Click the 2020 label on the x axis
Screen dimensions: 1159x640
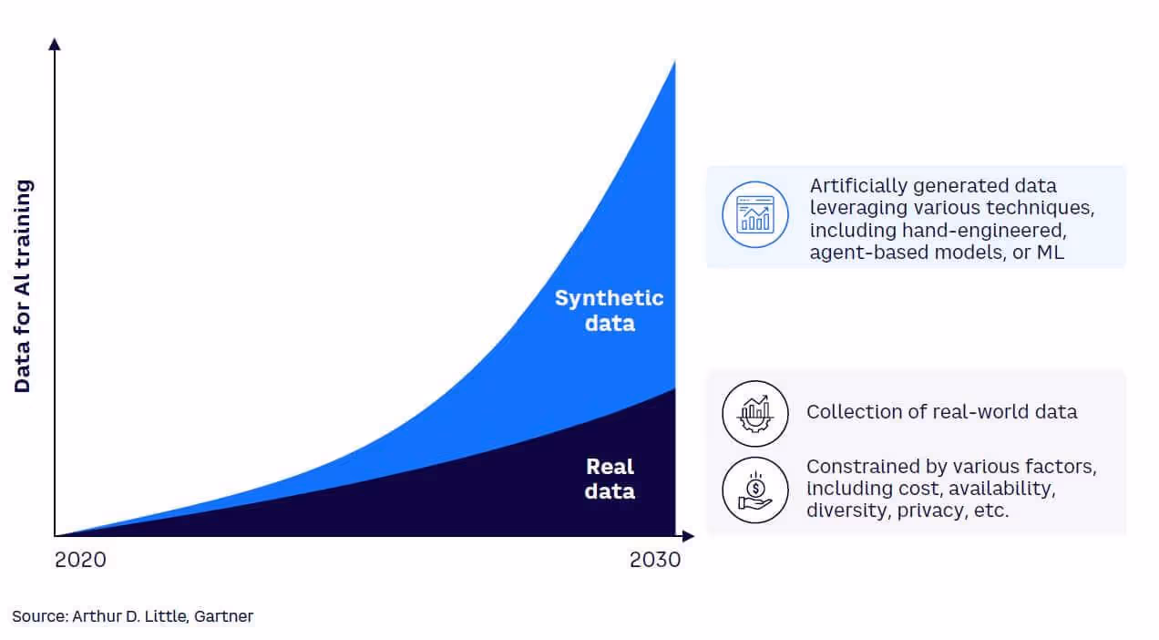(x=80, y=560)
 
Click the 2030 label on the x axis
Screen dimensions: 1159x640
(x=655, y=560)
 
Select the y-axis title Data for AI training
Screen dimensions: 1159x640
(x=23, y=286)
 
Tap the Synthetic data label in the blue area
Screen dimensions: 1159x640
(x=609, y=310)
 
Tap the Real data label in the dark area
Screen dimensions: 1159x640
(x=610, y=479)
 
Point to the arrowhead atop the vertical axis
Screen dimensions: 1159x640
(x=55, y=45)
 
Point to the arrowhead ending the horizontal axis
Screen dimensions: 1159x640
(x=688, y=536)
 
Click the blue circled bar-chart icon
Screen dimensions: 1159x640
(x=755, y=214)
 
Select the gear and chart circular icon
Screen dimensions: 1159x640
(x=755, y=414)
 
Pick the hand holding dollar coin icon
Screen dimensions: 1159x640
(x=755, y=490)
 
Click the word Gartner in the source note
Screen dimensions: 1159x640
(x=223, y=616)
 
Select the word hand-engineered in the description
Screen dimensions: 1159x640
(x=984, y=231)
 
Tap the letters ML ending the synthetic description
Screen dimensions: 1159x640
(x=1051, y=253)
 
